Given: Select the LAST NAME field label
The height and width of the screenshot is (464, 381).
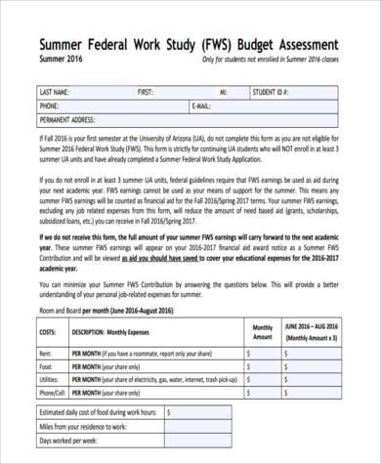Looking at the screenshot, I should tap(56, 92).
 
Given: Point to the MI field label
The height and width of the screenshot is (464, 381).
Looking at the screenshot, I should tap(224, 92).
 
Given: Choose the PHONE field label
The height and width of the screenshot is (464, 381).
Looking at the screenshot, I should tap(49, 105).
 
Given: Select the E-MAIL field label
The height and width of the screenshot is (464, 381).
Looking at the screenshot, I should tap(202, 105).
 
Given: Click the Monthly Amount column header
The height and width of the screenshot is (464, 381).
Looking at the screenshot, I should tap(263, 333).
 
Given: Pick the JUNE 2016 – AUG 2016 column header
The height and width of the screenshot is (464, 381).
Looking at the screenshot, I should tap(314, 332).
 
